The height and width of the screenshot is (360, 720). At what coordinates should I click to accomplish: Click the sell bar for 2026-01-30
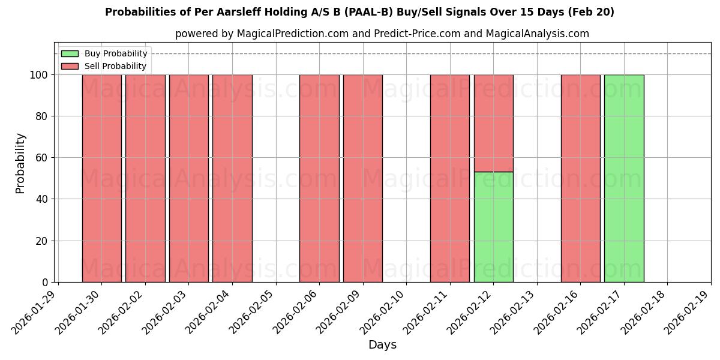click(x=101, y=178)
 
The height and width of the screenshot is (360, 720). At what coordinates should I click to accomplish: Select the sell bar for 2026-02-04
click(x=232, y=178)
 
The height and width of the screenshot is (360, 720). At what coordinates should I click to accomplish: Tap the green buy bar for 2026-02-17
click(x=624, y=178)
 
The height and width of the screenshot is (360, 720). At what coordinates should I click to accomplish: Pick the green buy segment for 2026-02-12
click(x=493, y=227)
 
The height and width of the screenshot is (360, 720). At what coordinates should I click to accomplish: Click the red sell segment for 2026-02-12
click(x=493, y=123)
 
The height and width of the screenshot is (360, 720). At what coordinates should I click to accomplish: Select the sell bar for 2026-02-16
click(x=580, y=178)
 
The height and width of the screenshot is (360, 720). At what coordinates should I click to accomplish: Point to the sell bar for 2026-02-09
click(x=362, y=178)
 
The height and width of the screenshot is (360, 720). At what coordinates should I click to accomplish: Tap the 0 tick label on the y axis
click(x=45, y=283)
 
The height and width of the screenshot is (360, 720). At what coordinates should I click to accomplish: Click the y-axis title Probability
click(x=20, y=163)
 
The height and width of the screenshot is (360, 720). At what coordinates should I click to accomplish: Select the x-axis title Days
click(x=382, y=345)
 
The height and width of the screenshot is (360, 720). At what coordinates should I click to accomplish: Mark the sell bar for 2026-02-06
click(x=319, y=178)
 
